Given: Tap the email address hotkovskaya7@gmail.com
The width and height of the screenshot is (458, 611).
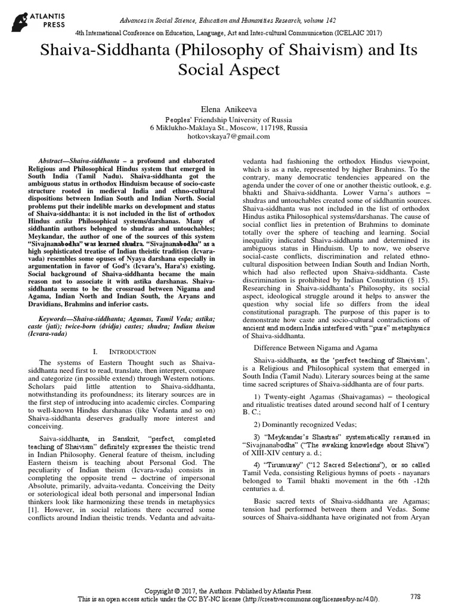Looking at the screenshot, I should click(x=229, y=136).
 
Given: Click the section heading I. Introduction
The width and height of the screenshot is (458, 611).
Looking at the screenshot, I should click(x=125, y=351).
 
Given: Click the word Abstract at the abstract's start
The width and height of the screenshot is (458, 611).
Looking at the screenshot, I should click(x=51, y=162).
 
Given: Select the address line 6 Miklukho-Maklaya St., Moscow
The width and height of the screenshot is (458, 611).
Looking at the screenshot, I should click(x=229, y=128).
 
